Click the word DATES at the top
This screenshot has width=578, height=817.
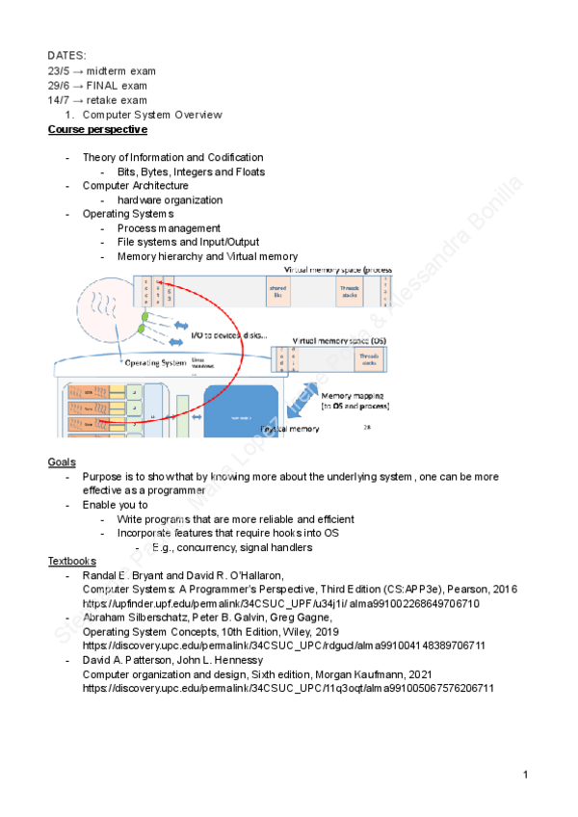[x=66, y=56]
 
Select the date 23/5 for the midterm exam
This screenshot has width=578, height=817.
[x=60, y=71]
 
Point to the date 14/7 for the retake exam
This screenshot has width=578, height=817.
[x=60, y=100]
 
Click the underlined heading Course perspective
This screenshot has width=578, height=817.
[x=98, y=129]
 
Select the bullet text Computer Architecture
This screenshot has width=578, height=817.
[x=136, y=185]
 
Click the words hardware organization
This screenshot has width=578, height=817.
[x=170, y=200]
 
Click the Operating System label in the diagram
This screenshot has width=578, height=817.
[x=155, y=363]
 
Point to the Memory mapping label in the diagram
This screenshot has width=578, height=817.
[x=355, y=396]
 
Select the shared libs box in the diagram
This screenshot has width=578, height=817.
[x=276, y=291]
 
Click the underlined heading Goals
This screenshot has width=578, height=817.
[x=63, y=462]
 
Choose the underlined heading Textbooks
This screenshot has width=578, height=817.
[x=72, y=561]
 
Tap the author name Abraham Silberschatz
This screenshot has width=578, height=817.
[x=140, y=618]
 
